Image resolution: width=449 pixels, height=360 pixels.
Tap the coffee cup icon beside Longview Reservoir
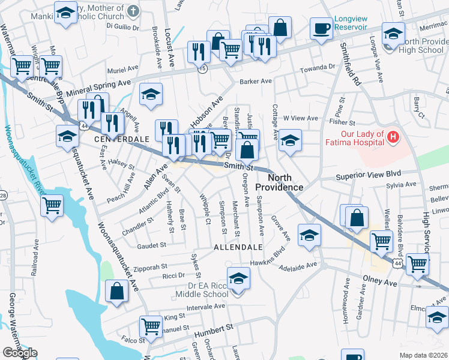(321, 28)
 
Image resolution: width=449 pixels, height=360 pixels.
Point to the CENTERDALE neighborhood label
(121, 139)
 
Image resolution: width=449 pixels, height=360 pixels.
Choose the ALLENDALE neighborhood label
(238, 247)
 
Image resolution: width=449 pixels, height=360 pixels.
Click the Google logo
(20, 353)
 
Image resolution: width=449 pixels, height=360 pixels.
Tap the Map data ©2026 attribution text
(423, 355)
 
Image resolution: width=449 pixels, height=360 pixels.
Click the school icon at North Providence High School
(393, 34)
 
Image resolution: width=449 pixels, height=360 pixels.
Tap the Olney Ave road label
(381, 281)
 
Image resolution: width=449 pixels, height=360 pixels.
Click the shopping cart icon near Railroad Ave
(52, 205)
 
